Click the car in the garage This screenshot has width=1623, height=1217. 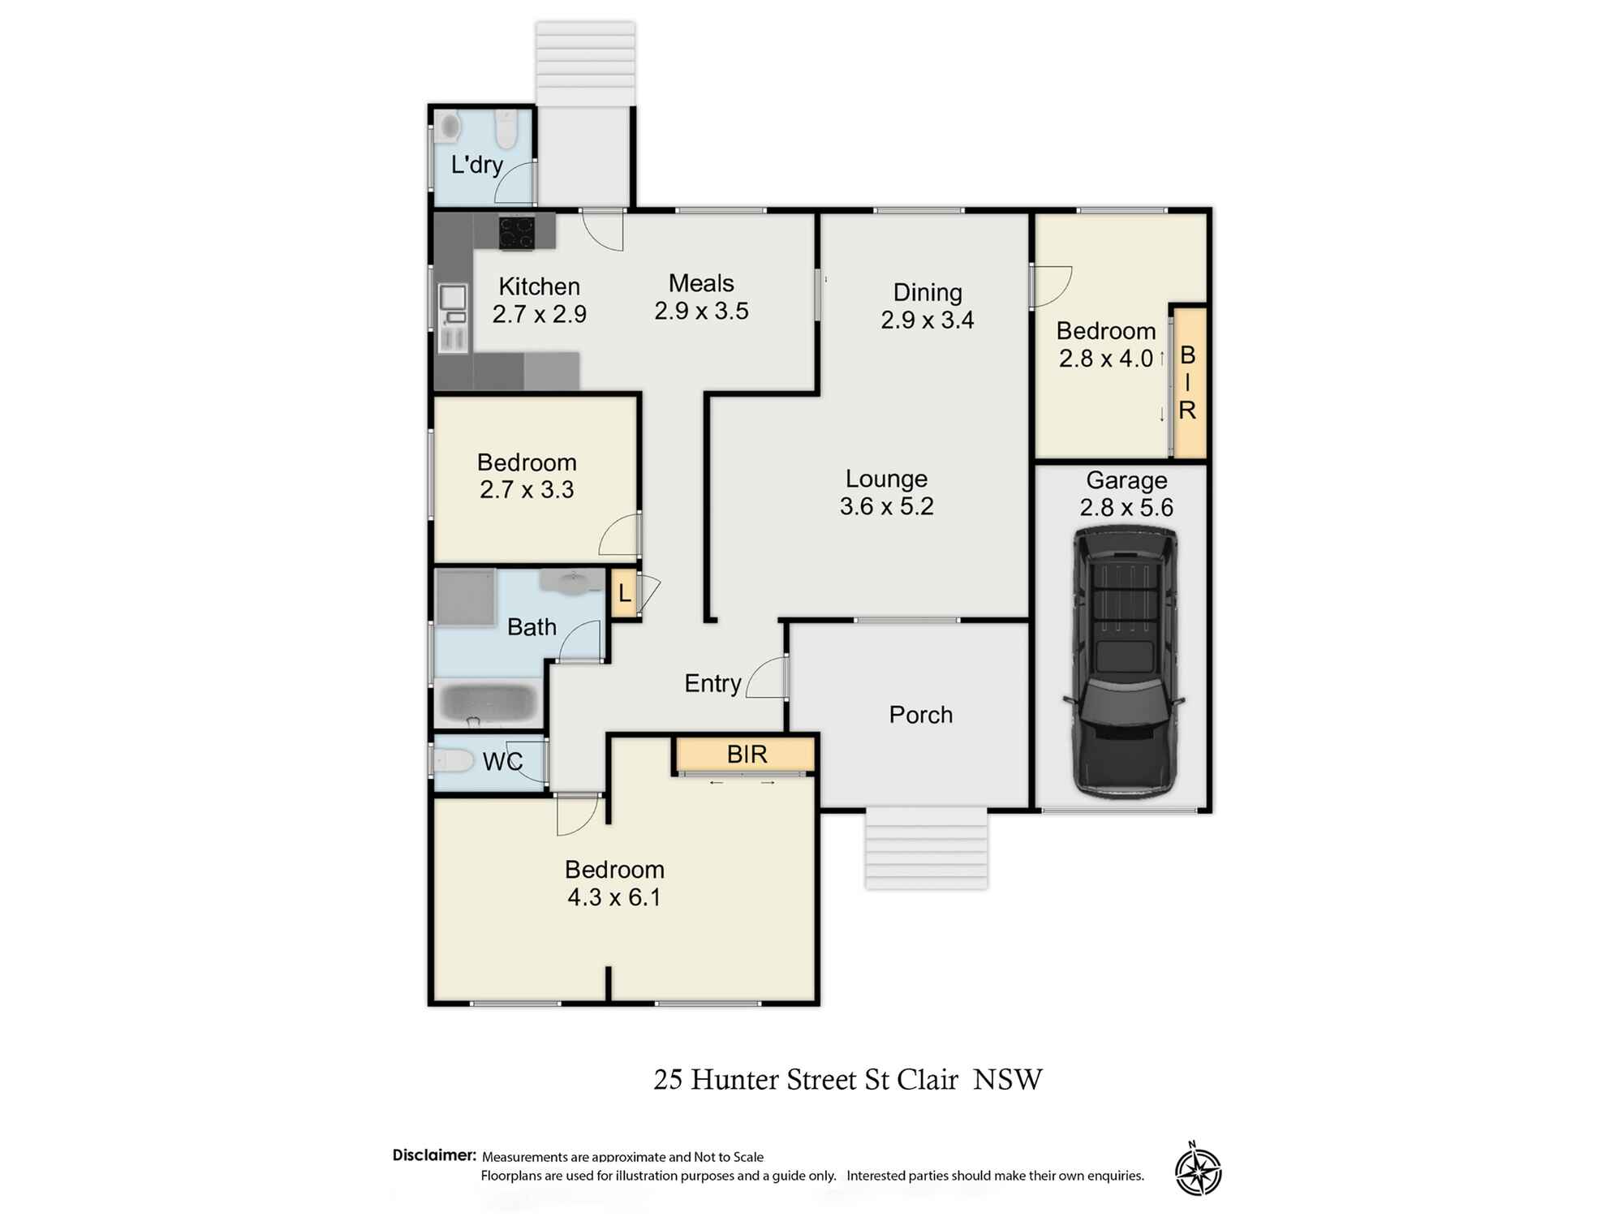click(x=1124, y=661)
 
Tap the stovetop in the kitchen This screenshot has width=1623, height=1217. click(x=516, y=232)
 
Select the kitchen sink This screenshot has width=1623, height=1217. click(x=453, y=299)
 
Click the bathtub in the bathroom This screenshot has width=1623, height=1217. click(x=488, y=703)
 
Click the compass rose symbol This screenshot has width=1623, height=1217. click(x=1198, y=1172)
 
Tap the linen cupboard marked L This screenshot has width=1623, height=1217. click(x=624, y=593)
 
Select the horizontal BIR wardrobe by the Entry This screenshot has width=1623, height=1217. click(x=746, y=754)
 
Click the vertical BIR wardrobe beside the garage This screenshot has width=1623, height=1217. click(x=1188, y=382)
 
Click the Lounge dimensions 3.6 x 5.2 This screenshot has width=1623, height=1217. click(x=886, y=506)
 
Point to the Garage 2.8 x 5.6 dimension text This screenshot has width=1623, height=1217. click(x=1126, y=508)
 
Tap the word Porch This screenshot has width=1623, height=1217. click(x=920, y=715)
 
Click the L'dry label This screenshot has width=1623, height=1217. click(x=477, y=165)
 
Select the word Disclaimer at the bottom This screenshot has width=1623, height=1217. click(x=434, y=1155)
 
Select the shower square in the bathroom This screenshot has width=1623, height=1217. click(x=465, y=597)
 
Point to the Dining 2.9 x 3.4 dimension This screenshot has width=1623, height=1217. click(x=927, y=320)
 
